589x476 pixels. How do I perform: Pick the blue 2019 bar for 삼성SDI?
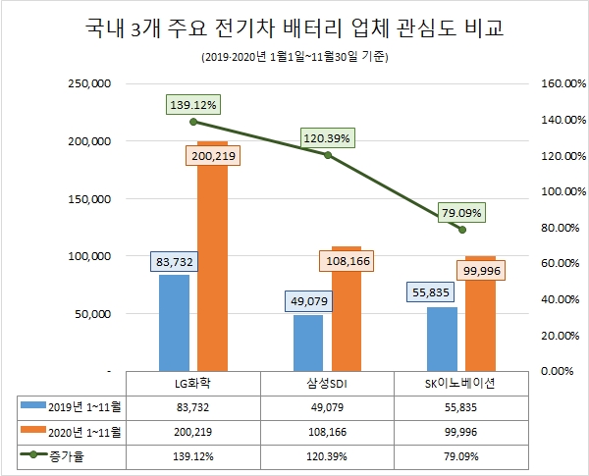(x=307, y=343)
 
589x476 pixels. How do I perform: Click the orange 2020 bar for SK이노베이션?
(x=480, y=314)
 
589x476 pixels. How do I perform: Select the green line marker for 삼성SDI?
(x=328, y=155)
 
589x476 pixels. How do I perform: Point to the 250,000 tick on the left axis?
(x=88, y=84)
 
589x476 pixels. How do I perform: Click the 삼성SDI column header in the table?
(x=328, y=384)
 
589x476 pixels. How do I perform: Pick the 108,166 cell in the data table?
(x=328, y=432)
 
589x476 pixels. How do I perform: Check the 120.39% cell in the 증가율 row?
(x=328, y=456)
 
